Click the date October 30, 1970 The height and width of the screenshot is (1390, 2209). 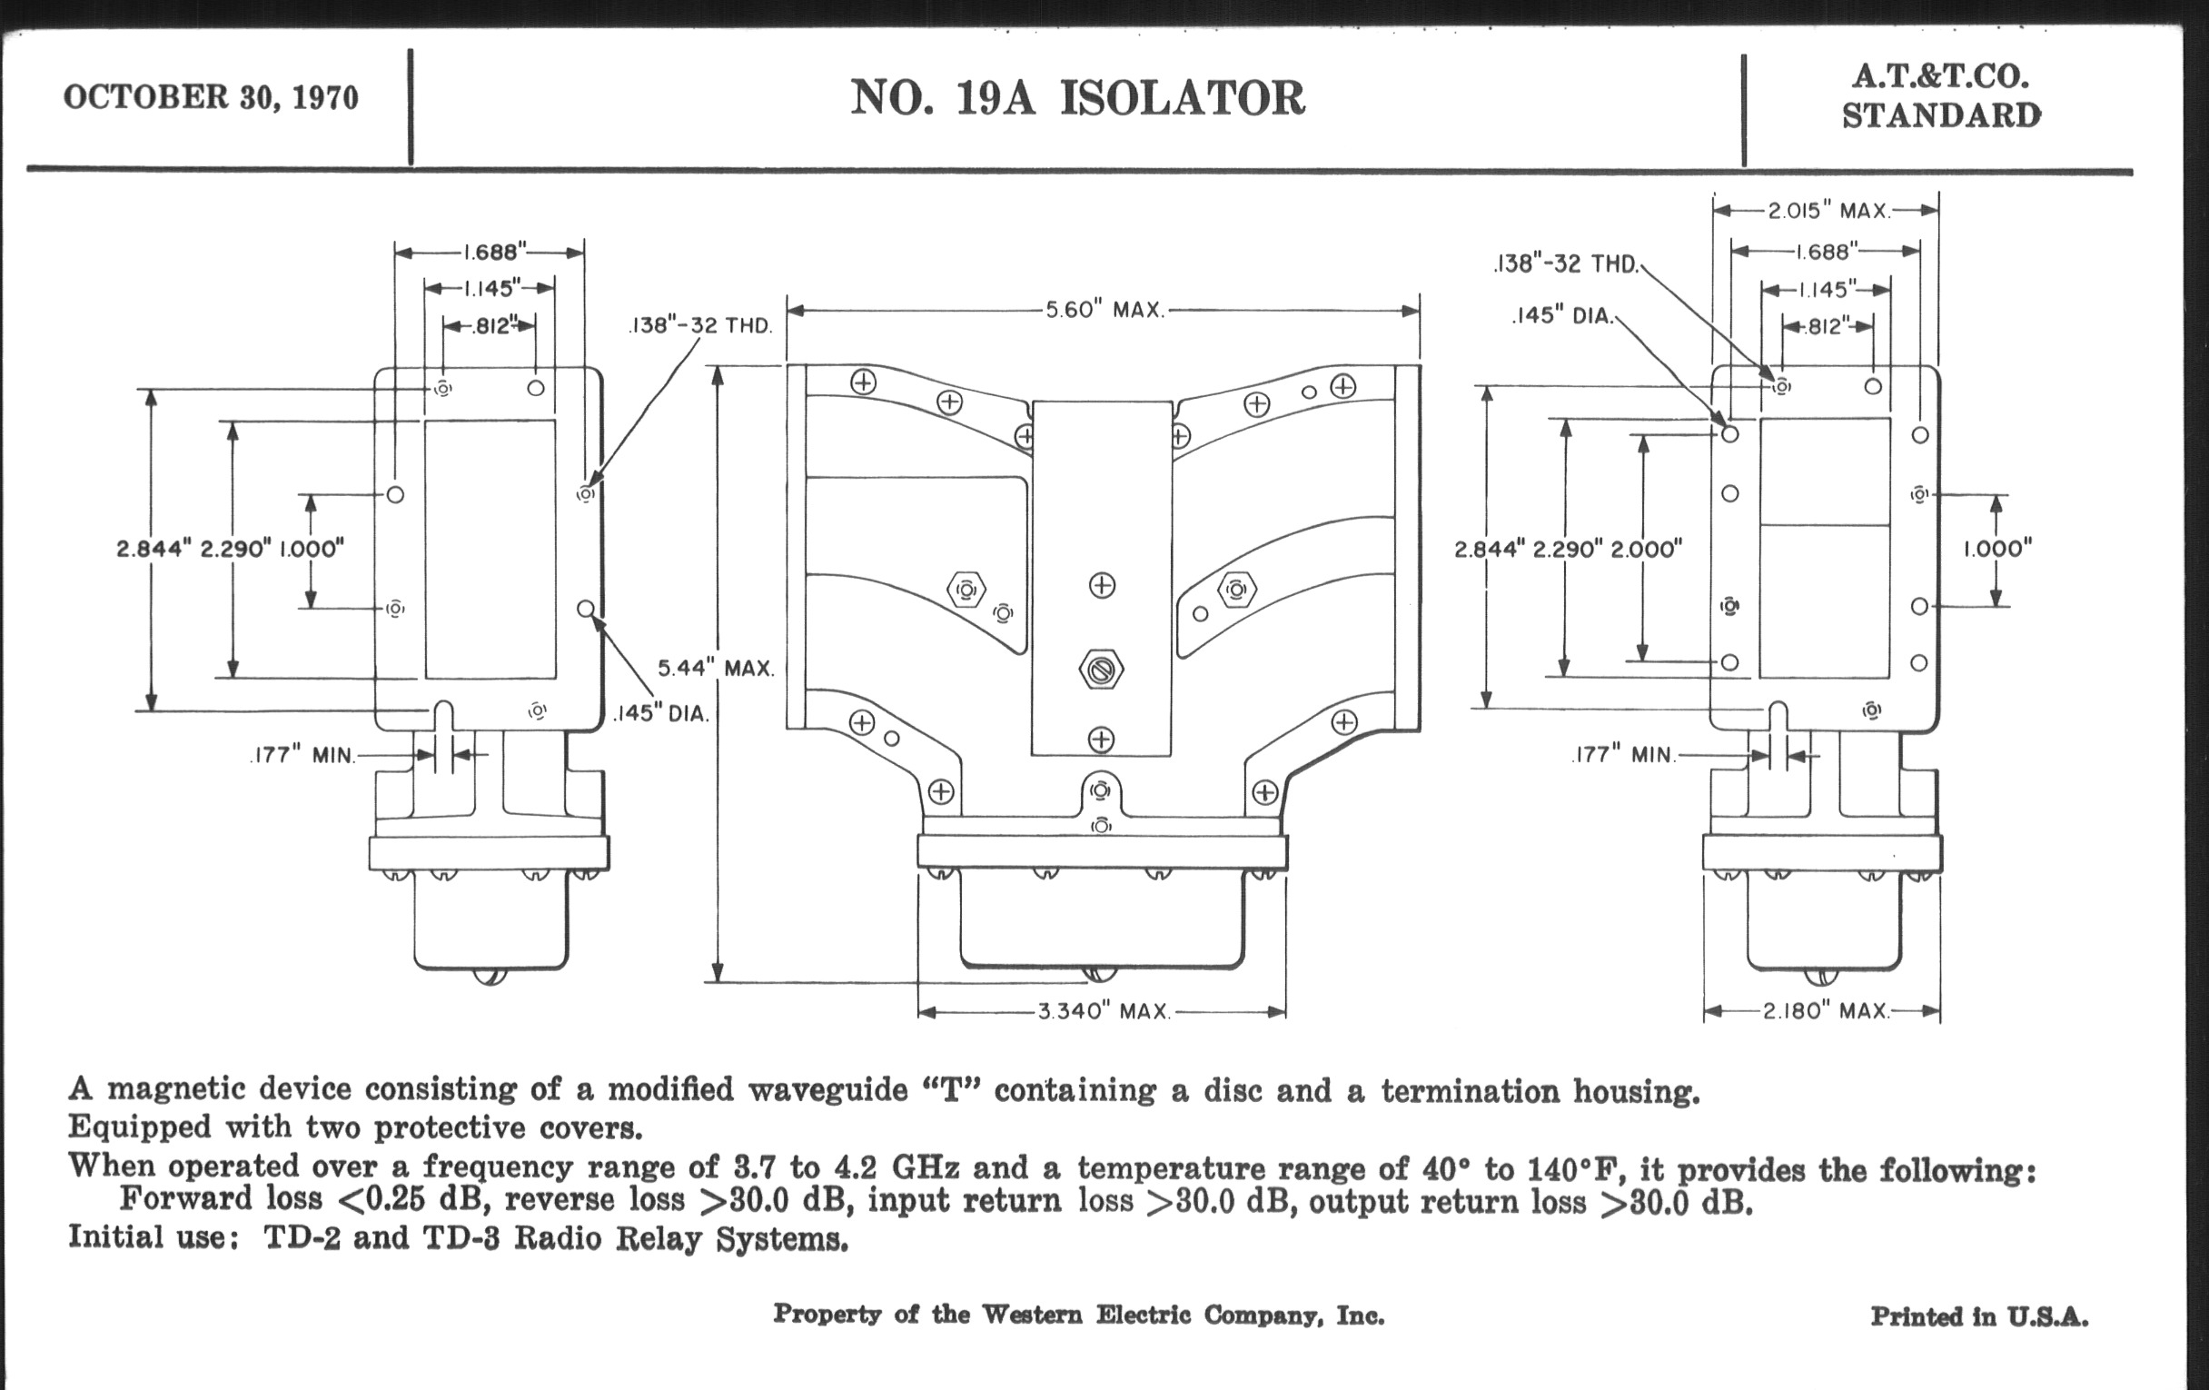pos(210,97)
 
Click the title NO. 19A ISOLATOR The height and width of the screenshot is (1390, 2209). pos(1077,98)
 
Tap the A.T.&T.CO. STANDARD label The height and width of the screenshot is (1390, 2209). pos(1941,96)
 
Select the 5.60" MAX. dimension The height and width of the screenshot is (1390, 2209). pos(1104,310)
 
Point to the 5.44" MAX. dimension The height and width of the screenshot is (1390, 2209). pos(716,668)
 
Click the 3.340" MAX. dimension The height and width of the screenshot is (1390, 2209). pos(1104,1012)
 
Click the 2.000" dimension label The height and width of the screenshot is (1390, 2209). pos(1646,550)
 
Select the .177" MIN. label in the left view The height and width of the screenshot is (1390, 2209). pos(302,756)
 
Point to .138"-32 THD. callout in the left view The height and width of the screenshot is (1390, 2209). pos(701,326)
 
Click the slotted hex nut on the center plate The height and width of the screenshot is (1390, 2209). pos(1101,669)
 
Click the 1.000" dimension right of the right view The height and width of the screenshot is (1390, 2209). pos(1997,550)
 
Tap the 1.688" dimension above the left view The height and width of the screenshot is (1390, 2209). pos(494,252)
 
